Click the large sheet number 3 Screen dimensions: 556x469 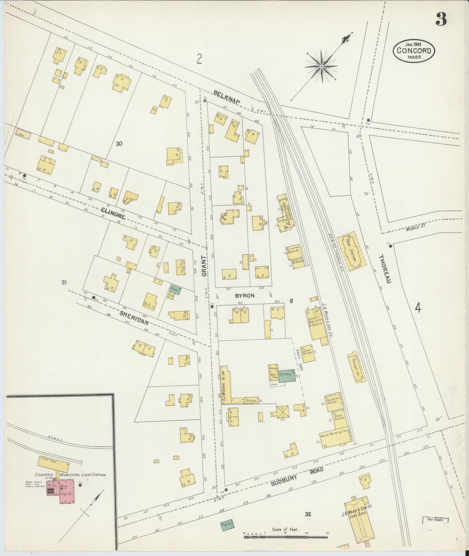point(441,20)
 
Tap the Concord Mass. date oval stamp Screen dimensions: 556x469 point(414,51)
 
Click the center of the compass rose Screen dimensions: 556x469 point(322,67)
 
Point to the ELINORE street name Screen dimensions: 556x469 point(113,213)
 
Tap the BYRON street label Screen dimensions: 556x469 point(245,296)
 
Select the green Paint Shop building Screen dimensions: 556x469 point(287,376)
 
